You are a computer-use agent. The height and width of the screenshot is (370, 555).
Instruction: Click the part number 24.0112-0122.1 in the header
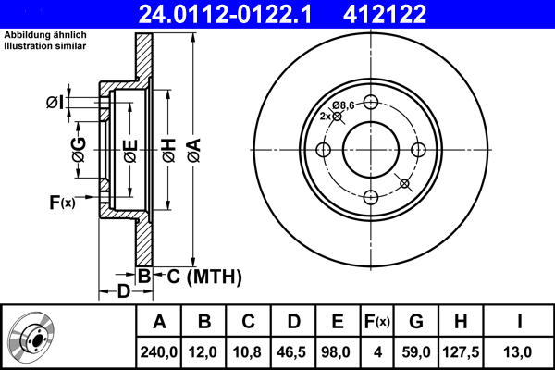point(225,15)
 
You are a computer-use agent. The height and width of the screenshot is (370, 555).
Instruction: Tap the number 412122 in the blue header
point(385,15)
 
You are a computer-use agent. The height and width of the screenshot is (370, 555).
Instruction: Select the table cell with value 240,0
point(158,352)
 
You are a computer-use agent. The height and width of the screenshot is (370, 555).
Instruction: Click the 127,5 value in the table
point(461,352)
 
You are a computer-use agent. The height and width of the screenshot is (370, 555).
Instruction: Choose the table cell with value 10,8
point(247,352)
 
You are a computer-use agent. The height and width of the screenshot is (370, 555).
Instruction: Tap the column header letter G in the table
point(416,322)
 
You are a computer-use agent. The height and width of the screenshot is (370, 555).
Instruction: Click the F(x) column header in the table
point(377,322)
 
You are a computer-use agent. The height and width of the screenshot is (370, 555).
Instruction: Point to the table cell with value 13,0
point(517,352)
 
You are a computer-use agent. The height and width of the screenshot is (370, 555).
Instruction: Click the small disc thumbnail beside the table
point(31,336)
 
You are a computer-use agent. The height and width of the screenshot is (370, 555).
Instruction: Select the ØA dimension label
point(194,151)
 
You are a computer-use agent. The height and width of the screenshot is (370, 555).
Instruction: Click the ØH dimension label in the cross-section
point(169,151)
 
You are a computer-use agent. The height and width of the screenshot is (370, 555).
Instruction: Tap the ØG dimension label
point(79,150)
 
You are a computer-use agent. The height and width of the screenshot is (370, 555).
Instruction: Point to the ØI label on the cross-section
point(55,103)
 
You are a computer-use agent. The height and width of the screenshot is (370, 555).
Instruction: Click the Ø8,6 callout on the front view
point(343,105)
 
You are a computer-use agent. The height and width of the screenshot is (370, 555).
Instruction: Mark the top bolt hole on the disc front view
point(371,103)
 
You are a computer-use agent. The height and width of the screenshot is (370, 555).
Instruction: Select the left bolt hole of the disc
point(323,150)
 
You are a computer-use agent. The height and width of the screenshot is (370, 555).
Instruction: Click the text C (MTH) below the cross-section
point(204,277)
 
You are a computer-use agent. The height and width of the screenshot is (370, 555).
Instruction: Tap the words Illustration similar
point(45,46)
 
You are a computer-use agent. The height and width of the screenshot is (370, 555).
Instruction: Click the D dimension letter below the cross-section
point(124,291)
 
